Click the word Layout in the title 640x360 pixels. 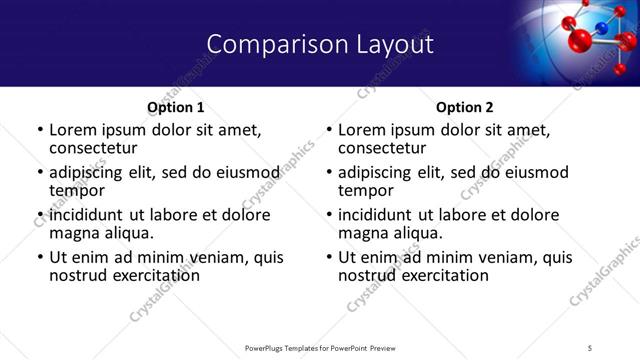[x=388, y=44]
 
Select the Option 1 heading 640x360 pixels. [x=175, y=107]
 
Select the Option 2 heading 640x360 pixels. [x=465, y=107]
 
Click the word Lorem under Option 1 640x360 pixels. [x=73, y=130]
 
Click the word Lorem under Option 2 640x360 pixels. [x=363, y=130]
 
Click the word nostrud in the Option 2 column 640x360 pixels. [x=366, y=275]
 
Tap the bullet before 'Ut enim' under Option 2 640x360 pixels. [x=329, y=258]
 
